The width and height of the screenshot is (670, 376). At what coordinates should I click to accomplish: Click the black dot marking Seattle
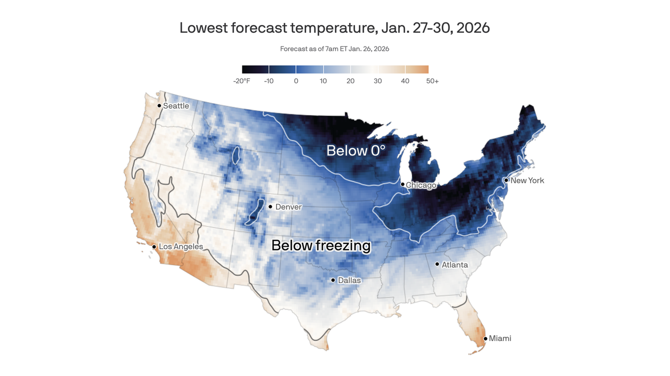pos(159,106)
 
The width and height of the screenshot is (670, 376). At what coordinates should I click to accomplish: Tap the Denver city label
pos(288,207)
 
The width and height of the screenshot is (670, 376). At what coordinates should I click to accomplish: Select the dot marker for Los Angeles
pos(154,247)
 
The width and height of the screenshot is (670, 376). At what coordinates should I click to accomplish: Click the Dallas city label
pos(349,281)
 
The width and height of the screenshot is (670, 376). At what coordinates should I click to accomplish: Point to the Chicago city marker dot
pos(402,185)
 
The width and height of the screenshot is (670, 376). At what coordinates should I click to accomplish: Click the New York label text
pos(527,181)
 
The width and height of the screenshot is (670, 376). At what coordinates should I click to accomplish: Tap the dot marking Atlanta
pos(437,264)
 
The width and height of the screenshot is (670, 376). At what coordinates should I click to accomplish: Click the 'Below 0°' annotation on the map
pos(356,151)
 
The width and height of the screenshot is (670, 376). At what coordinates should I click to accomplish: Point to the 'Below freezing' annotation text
pos(321,245)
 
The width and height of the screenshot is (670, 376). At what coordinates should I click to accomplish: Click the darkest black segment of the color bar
pos(255,70)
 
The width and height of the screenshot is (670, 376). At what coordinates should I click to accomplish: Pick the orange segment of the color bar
pos(417,70)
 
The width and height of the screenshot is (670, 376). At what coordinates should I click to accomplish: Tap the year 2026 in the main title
pos(473,28)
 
